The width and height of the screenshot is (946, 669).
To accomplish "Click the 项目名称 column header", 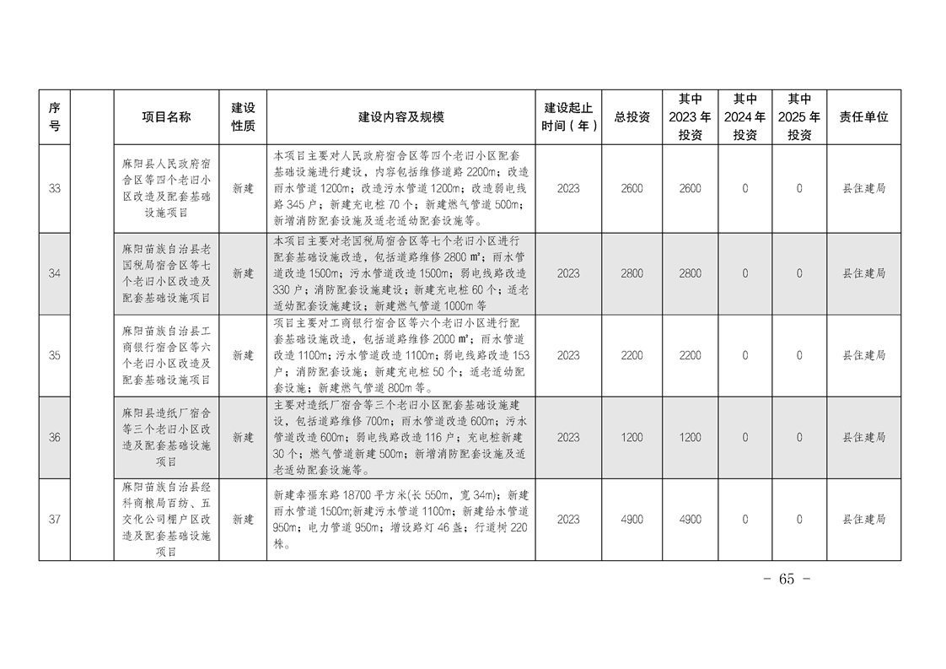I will (x=166, y=117).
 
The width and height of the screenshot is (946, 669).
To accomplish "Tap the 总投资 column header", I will (x=632, y=117).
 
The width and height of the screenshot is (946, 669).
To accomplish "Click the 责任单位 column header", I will (x=863, y=117).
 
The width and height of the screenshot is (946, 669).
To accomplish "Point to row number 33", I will (x=54, y=189).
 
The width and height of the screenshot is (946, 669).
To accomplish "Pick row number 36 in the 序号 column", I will (x=54, y=438).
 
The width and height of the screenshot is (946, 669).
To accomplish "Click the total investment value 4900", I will (x=632, y=520).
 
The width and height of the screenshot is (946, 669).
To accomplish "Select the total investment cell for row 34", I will (x=632, y=273).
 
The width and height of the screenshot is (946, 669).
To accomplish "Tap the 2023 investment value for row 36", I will (x=690, y=438).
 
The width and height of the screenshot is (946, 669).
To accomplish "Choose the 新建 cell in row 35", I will (x=243, y=356).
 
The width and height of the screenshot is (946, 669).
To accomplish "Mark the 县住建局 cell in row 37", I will (x=863, y=520).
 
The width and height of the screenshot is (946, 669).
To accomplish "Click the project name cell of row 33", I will (x=166, y=189).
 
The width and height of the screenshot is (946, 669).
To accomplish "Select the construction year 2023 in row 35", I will (x=568, y=356).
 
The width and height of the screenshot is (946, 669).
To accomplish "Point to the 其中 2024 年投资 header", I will (x=744, y=117).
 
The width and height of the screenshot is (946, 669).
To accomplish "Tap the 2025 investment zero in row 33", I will (x=799, y=189).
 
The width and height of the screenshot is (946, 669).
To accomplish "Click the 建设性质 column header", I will (x=243, y=117).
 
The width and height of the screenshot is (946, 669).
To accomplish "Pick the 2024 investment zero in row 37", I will (x=744, y=520).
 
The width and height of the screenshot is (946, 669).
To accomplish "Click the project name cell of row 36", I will (x=166, y=438).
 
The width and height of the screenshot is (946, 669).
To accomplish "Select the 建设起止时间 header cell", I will (x=568, y=117).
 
